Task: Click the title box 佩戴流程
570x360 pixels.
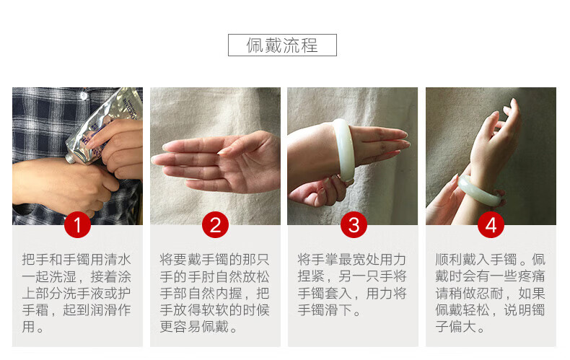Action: (282, 45)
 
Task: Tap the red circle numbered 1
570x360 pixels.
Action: (77, 224)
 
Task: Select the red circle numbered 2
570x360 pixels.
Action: (215, 224)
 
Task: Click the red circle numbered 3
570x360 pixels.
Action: (354, 224)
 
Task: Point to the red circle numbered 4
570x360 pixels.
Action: (491, 224)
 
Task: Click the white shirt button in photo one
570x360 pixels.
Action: (84, 96)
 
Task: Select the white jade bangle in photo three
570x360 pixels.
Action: (343, 149)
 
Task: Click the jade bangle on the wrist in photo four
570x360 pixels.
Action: (479, 192)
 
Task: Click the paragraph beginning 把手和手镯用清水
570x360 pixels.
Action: (76, 293)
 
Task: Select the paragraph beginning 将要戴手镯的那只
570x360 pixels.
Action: (214, 293)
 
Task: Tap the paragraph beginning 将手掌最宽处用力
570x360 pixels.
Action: (352, 285)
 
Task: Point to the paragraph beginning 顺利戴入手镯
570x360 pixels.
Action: (491, 293)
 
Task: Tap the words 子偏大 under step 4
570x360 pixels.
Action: (456, 327)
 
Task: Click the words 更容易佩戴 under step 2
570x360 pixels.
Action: (194, 327)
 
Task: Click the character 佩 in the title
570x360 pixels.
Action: (255, 45)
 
